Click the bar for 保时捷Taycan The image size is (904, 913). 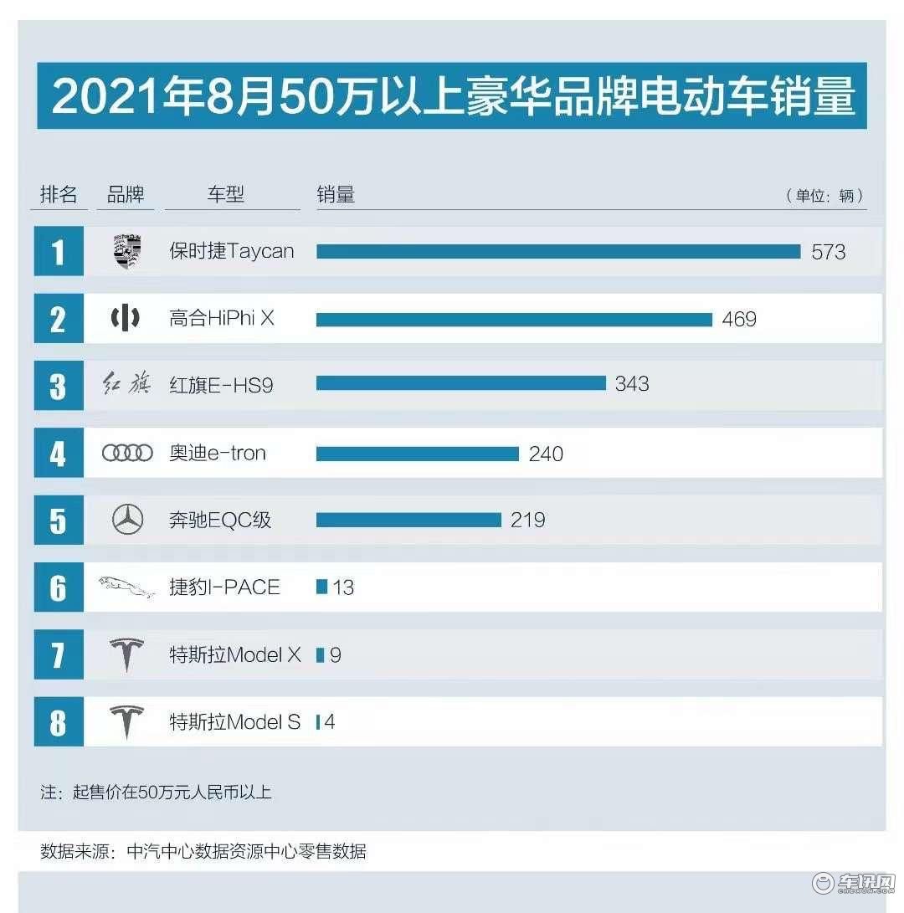click(x=558, y=251)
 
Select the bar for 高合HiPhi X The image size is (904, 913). click(x=514, y=319)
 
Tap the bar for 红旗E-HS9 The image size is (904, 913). click(x=460, y=383)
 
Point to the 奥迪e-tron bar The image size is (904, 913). click(x=418, y=454)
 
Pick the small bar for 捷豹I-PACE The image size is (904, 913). click(x=321, y=587)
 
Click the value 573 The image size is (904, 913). click(x=828, y=252)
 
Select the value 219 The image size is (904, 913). click(x=527, y=521)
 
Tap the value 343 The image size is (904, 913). click(x=632, y=384)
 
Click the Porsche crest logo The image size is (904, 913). click(x=126, y=252)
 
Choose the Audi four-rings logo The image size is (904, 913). click(x=127, y=454)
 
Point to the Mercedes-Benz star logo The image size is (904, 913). click(x=127, y=521)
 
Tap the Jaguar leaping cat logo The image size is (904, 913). click(x=127, y=587)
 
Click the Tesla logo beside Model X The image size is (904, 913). click(x=127, y=654)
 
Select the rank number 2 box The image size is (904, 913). click(x=58, y=319)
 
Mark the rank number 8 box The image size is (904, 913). click(x=58, y=721)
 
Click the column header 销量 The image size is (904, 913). click(x=336, y=195)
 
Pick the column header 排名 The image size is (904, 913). click(x=59, y=195)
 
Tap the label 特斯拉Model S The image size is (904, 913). click(x=234, y=721)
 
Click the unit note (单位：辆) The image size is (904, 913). click(x=824, y=196)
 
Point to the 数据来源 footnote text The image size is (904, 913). click(x=203, y=852)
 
